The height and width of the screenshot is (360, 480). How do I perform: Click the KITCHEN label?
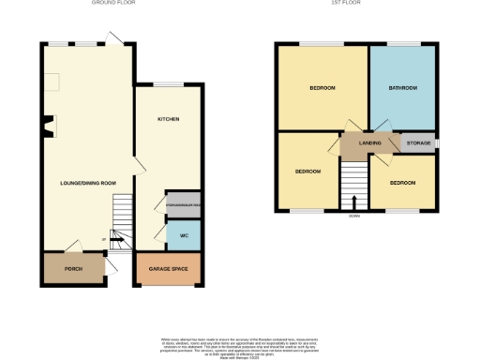[x=168, y=120]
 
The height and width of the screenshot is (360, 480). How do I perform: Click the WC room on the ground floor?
[x=185, y=234]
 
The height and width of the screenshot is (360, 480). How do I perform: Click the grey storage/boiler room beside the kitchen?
[x=184, y=202]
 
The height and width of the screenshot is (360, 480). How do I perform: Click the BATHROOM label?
[x=403, y=88]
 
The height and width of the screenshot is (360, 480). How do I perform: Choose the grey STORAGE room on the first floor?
[x=418, y=143]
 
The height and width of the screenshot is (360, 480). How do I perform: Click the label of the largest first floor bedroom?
[x=322, y=88]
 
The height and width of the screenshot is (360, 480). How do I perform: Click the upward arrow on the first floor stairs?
[x=354, y=201]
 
